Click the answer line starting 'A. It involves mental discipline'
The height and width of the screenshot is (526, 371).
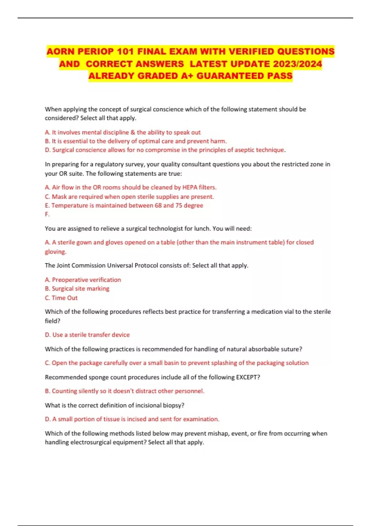123,132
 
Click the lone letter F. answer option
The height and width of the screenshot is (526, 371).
47,214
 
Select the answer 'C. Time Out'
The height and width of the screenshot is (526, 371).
61,298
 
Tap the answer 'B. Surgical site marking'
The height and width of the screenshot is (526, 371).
77,289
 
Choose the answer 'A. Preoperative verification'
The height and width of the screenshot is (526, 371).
83,280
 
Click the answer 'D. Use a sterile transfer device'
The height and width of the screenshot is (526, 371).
87,335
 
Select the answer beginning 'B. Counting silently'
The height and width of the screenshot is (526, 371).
125,391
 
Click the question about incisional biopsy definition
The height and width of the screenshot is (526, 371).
114,405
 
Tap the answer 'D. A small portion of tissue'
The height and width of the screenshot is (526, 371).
132,419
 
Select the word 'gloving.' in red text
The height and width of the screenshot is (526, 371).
56,252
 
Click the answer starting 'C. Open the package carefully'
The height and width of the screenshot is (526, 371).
177,363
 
